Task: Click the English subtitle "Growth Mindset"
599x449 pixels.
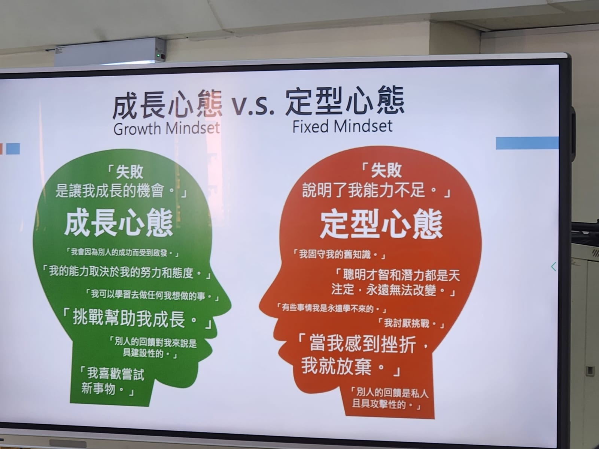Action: coord(167,128)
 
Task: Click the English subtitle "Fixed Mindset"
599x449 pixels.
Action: coord(343,126)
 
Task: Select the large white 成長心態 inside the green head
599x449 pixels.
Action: coord(119,223)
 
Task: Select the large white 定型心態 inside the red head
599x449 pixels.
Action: coord(381,224)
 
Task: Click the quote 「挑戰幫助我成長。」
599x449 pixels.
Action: coord(136,318)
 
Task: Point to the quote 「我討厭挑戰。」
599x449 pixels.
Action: coord(410,323)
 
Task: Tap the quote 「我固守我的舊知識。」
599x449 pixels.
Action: coord(338,255)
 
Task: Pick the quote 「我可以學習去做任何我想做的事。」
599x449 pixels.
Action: coord(152,295)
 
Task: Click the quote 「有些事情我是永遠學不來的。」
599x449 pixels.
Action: coord(331,308)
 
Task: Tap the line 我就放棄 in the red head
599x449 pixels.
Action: coord(337,366)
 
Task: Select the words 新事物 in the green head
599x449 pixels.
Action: coord(98,389)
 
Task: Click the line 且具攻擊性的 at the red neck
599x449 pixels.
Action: coord(379,404)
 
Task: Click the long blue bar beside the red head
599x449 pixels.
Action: coord(527,143)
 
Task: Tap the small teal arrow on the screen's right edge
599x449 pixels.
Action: coord(553,267)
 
